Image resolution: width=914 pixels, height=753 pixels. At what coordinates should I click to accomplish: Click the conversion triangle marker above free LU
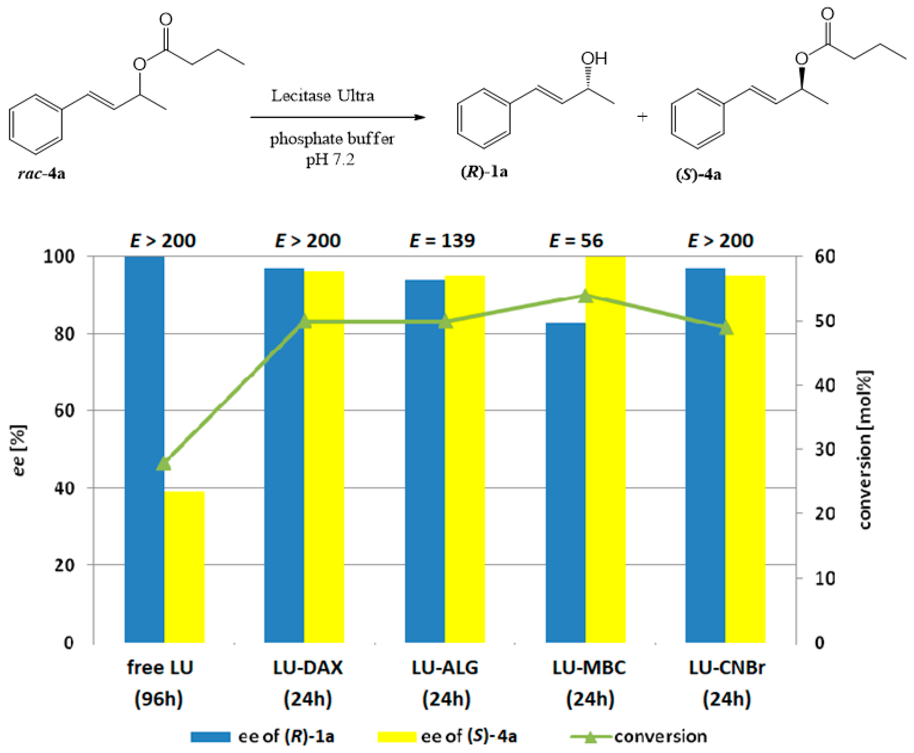coord(164,463)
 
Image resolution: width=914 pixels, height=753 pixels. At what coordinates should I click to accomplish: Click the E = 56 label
coord(576,241)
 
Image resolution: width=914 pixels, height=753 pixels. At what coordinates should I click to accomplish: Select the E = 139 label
coord(442,241)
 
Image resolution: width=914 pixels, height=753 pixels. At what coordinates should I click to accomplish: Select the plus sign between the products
coord(642,116)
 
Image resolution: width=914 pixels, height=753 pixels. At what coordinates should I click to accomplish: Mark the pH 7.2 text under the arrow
coord(331,160)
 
